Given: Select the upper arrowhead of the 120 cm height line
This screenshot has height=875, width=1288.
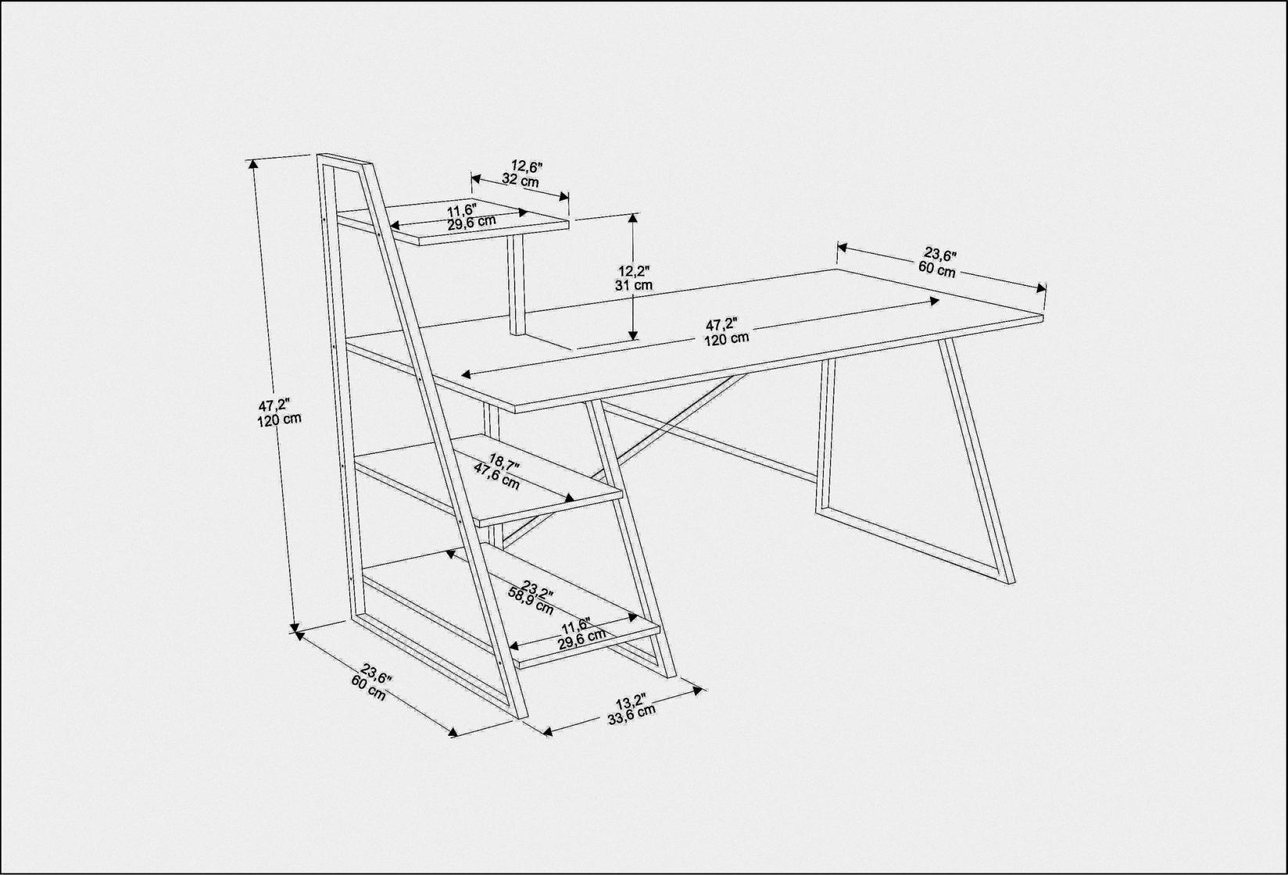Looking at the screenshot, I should (252, 165).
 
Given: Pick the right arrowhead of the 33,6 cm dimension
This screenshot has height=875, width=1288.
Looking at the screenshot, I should (698, 690).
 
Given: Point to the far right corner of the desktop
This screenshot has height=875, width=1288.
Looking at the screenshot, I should (1043, 316).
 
